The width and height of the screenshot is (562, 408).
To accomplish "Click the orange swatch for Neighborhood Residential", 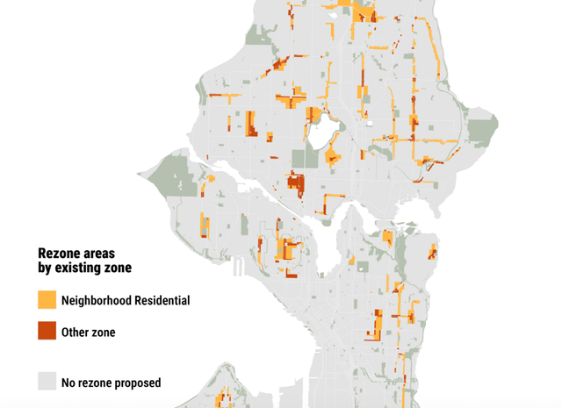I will coord(47,300).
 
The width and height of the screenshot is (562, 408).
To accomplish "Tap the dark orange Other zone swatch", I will coord(47,332).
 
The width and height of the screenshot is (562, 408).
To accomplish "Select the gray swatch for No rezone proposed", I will coord(47,382).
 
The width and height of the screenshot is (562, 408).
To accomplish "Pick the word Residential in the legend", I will coord(164,300).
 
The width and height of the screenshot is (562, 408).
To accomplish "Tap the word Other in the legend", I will coord(76,332).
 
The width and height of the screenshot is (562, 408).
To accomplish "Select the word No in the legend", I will coord(69,383).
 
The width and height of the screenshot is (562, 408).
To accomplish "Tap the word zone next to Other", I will coord(104,332).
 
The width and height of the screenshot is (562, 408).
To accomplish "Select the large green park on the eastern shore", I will coord(481,132).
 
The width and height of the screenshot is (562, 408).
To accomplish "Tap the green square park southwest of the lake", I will coord(304,158).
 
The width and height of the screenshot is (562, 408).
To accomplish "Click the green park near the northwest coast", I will coord(258,36).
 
